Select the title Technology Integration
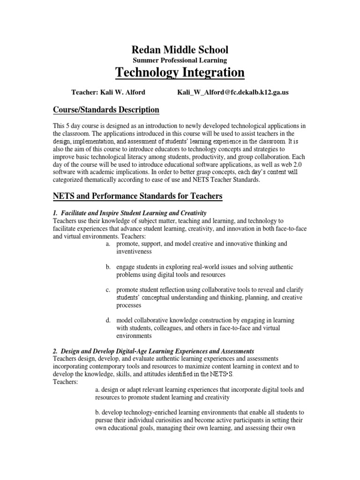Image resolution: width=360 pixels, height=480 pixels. (x=180, y=73)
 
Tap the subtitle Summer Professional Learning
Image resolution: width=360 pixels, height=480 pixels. (x=180, y=60)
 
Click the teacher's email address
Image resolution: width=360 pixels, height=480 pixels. (x=232, y=92)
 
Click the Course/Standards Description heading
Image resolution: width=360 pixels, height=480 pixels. (x=105, y=110)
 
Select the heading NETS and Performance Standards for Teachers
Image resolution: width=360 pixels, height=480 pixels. (x=137, y=195)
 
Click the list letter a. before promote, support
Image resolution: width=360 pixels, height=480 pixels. (x=108, y=244)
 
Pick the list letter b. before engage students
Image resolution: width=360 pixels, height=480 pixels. (x=108, y=267)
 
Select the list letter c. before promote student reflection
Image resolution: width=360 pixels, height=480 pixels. (x=108, y=290)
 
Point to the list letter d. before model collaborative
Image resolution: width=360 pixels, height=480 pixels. (x=108, y=320)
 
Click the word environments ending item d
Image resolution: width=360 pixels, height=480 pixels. (x=134, y=336)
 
